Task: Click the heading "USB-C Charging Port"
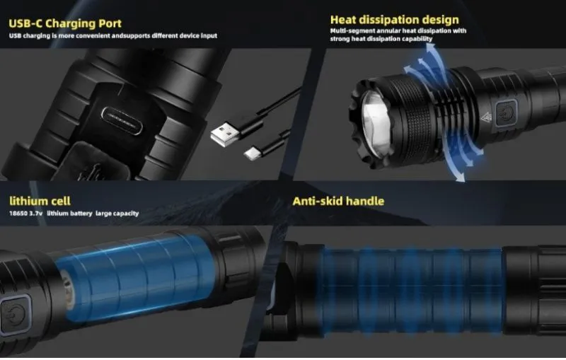[65, 24]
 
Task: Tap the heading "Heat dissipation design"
[394, 19]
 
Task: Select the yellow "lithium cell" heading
[40, 202]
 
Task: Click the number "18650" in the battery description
[19, 214]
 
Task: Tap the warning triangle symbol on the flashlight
[485, 117]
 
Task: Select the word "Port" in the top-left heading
[107, 24]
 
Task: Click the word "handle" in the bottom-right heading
[364, 202]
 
